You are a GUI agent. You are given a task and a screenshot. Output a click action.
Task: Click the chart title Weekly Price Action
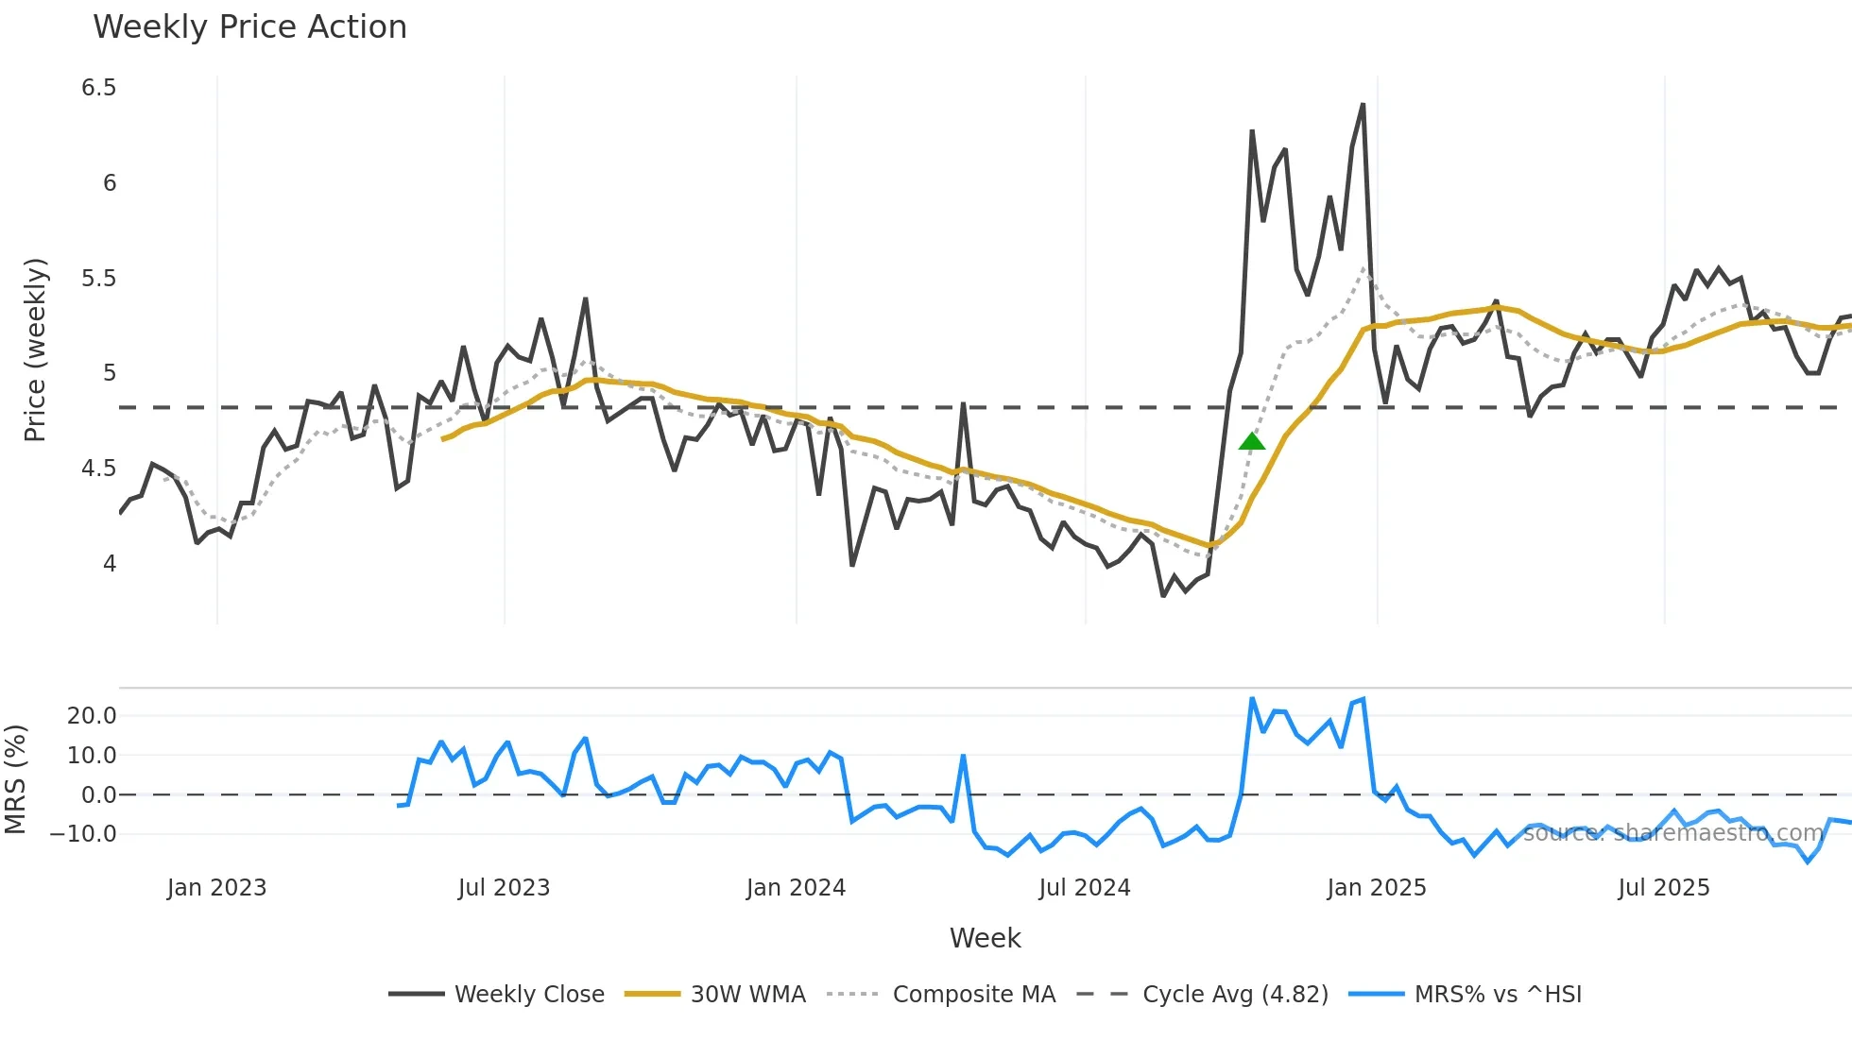[x=249, y=27]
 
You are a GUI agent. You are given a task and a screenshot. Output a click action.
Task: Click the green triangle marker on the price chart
[x=1252, y=441]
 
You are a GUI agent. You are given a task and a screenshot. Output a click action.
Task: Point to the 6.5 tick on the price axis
[x=98, y=88]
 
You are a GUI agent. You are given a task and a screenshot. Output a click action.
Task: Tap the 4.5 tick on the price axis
[x=98, y=469]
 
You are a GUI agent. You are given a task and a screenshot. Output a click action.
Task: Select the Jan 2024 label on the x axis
[x=796, y=888]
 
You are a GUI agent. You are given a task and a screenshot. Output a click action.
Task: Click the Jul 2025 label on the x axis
[x=1664, y=888]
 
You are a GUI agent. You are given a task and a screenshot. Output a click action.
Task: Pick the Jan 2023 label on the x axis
[x=216, y=888]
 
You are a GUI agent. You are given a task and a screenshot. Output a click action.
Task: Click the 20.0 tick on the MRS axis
[x=92, y=716]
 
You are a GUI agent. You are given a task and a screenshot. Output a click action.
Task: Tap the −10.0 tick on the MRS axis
[x=83, y=834]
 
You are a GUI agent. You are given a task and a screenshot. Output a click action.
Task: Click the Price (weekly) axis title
[x=35, y=350]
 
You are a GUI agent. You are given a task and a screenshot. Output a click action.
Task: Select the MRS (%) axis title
[x=15, y=779]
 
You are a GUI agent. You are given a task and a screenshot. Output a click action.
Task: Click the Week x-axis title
[x=985, y=938]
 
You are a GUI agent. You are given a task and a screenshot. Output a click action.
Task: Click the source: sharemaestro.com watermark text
[x=1672, y=833]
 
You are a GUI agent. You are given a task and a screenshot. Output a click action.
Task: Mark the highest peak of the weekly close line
[x=1363, y=105]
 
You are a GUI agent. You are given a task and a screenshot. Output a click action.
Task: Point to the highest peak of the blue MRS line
[x=1252, y=699]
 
